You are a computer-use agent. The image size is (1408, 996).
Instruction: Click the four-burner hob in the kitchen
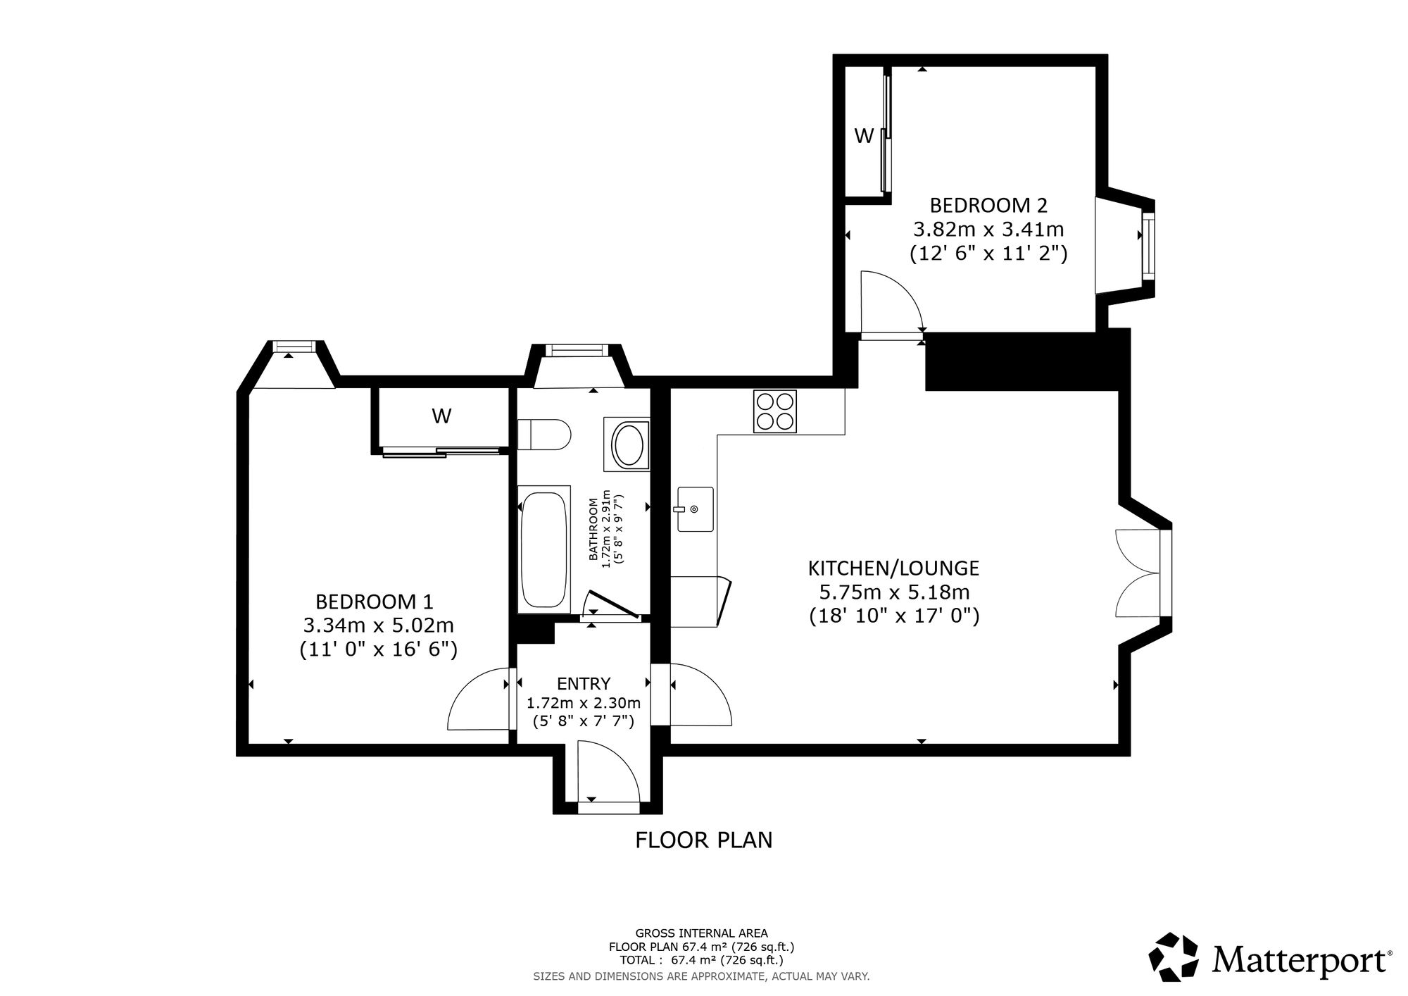tap(775, 411)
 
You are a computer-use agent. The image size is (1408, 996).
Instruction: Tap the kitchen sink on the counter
tap(696, 509)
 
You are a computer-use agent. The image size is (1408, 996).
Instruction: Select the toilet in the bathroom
tap(543, 435)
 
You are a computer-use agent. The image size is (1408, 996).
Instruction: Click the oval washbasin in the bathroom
tap(627, 445)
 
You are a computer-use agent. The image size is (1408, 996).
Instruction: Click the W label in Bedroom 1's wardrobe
tap(441, 416)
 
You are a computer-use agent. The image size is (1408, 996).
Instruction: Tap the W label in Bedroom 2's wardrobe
tap(864, 136)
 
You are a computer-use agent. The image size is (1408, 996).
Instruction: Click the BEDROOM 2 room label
tap(988, 206)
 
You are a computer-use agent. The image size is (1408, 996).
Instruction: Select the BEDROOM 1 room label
tap(374, 602)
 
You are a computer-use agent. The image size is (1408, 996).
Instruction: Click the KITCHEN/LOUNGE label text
tap(893, 568)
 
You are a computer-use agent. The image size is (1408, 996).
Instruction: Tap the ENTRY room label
tap(584, 683)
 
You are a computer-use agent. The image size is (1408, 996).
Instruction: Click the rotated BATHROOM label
tap(593, 530)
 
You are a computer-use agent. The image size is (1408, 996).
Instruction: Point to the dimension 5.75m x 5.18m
tap(893, 592)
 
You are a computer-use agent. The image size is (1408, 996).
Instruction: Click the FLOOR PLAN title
tap(704, 840)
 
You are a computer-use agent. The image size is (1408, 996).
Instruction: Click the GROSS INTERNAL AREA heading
tap(702, 933)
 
